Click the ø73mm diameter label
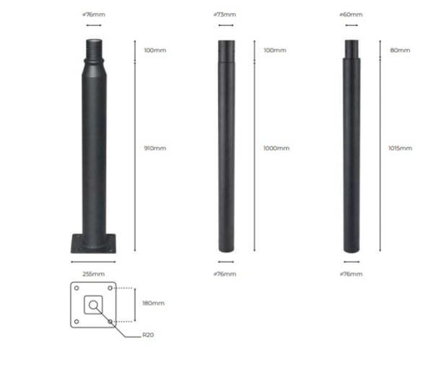coord(225,14)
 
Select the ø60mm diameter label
coord(351,14)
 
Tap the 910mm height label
coord(155,148)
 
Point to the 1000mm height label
coord(276,148)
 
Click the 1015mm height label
coord(400,148)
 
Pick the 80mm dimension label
coord(400,51)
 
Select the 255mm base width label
coord(94,274)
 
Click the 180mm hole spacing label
coord(153,303)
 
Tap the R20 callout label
coord(148,335)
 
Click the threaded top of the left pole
coord(94,48)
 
